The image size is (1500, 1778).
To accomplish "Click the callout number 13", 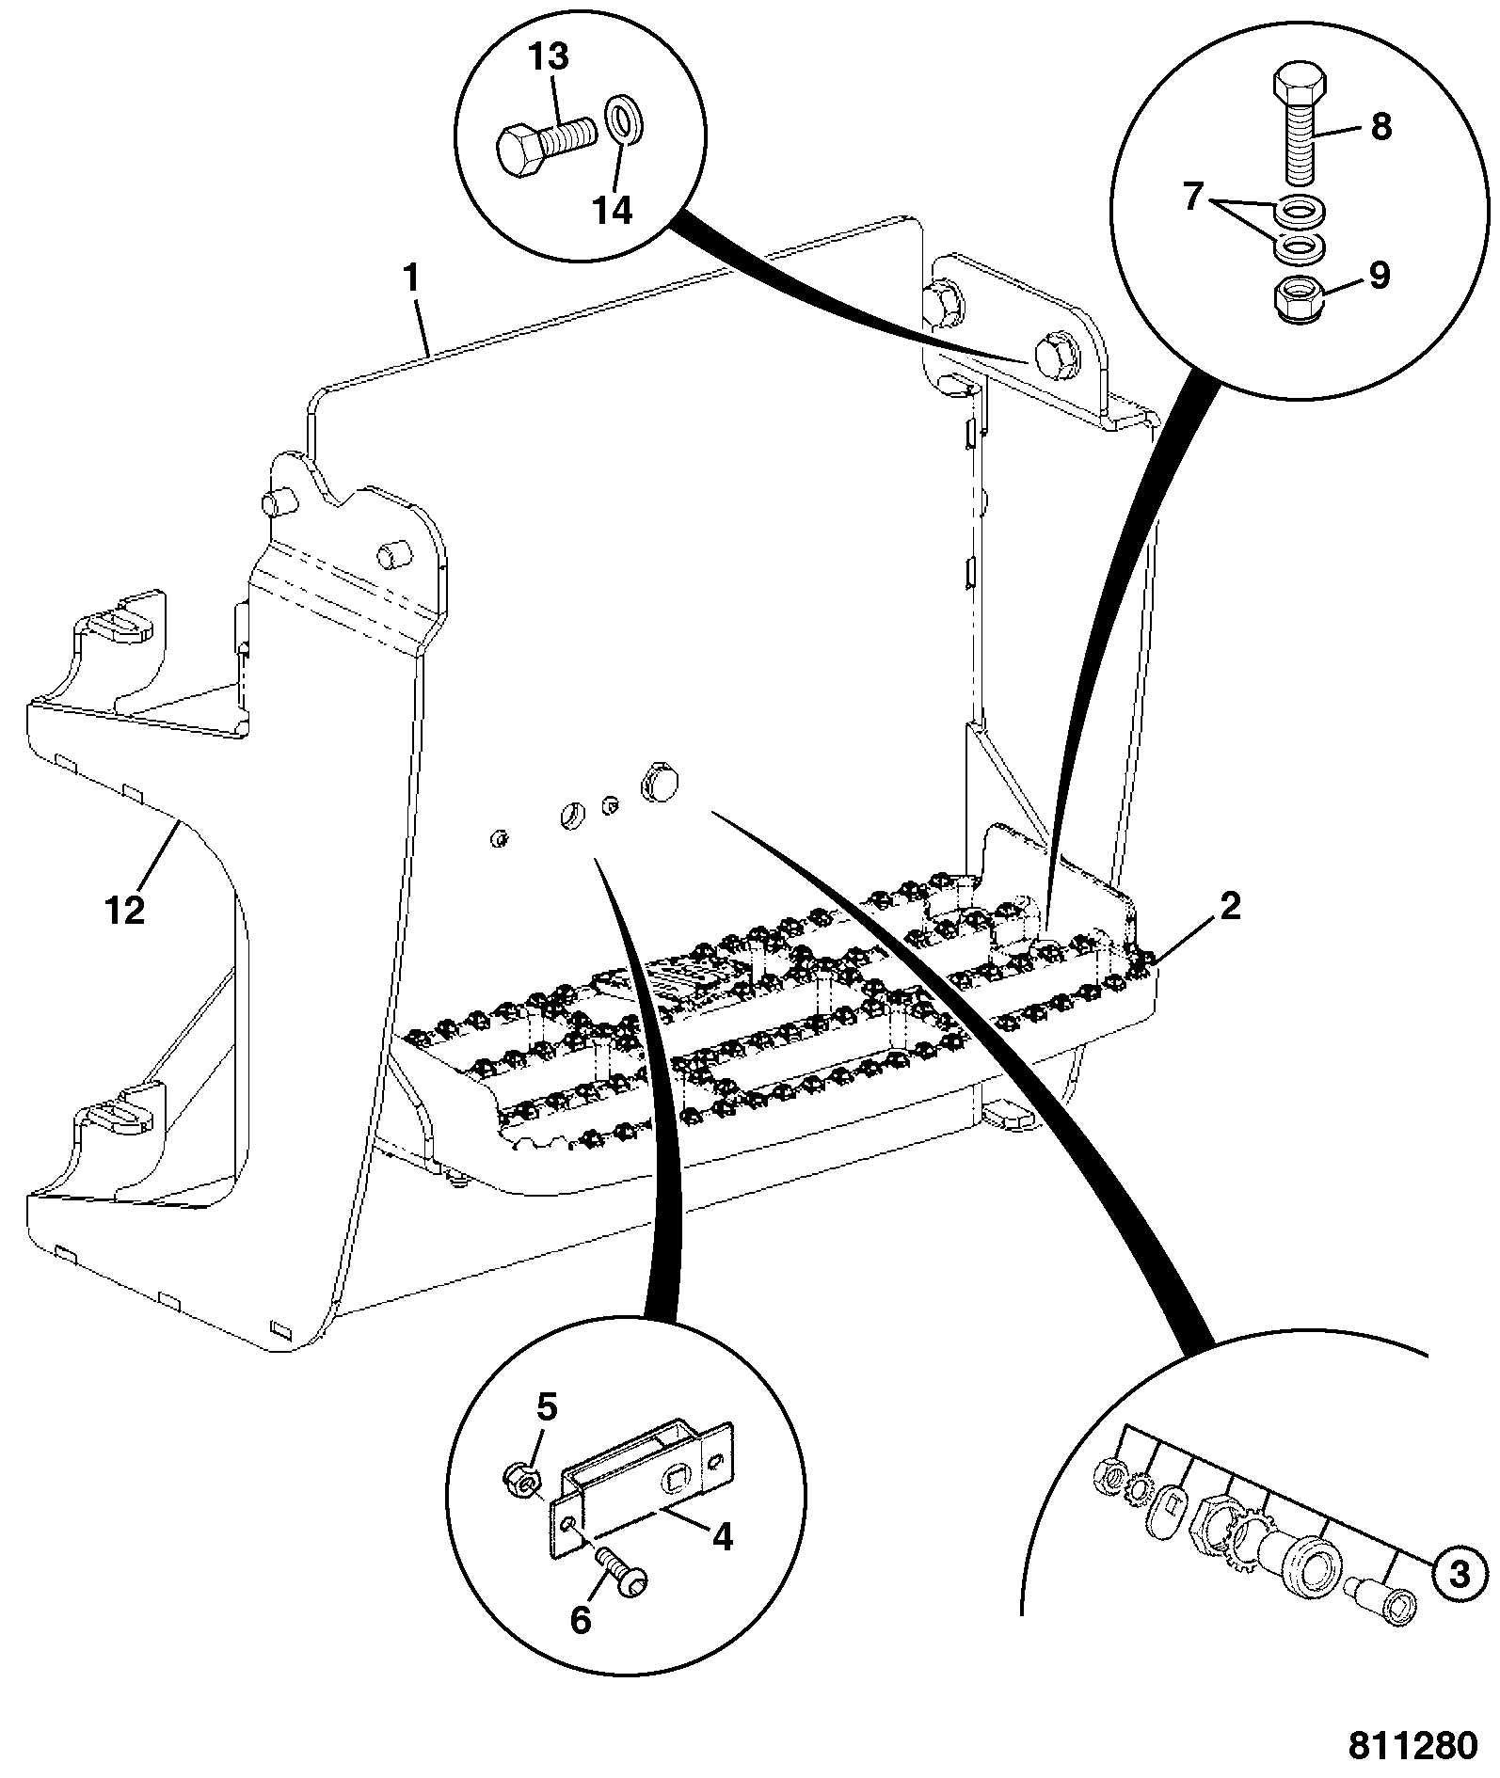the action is (549, 58).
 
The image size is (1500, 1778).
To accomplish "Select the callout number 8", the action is (1380, 126).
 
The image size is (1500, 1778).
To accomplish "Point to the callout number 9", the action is (1379, 278).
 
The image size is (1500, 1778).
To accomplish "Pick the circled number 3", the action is (1460, 1574).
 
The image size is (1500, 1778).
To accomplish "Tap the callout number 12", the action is (125, 910).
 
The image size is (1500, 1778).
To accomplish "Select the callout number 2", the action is (1230, 906).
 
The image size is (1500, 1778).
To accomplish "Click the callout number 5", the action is (547, 1408).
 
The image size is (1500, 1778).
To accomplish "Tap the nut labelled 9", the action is (1300, 300).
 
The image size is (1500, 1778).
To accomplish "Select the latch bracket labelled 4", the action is (640, 1484).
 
